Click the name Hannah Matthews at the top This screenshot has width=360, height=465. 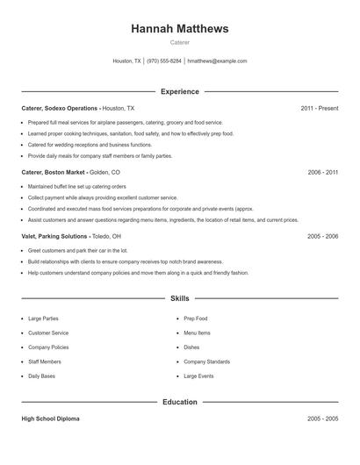179,29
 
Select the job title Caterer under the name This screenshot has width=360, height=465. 179,42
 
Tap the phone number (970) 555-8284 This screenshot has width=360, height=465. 164,61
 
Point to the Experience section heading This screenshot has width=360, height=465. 179,91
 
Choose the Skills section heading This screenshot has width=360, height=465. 179,298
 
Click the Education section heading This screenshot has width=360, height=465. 179,402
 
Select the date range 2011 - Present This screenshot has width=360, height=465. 319,108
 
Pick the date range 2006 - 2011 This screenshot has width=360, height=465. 322,173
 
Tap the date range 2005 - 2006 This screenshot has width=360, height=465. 322,236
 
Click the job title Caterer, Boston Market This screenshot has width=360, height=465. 60,173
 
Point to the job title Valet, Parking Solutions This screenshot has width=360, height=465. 54,236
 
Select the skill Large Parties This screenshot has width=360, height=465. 44,318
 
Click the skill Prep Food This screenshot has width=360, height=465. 196,318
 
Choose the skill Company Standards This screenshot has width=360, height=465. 207,361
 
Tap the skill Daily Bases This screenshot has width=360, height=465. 41,376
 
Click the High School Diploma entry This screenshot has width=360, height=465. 51,419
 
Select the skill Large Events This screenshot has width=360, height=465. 198,376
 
